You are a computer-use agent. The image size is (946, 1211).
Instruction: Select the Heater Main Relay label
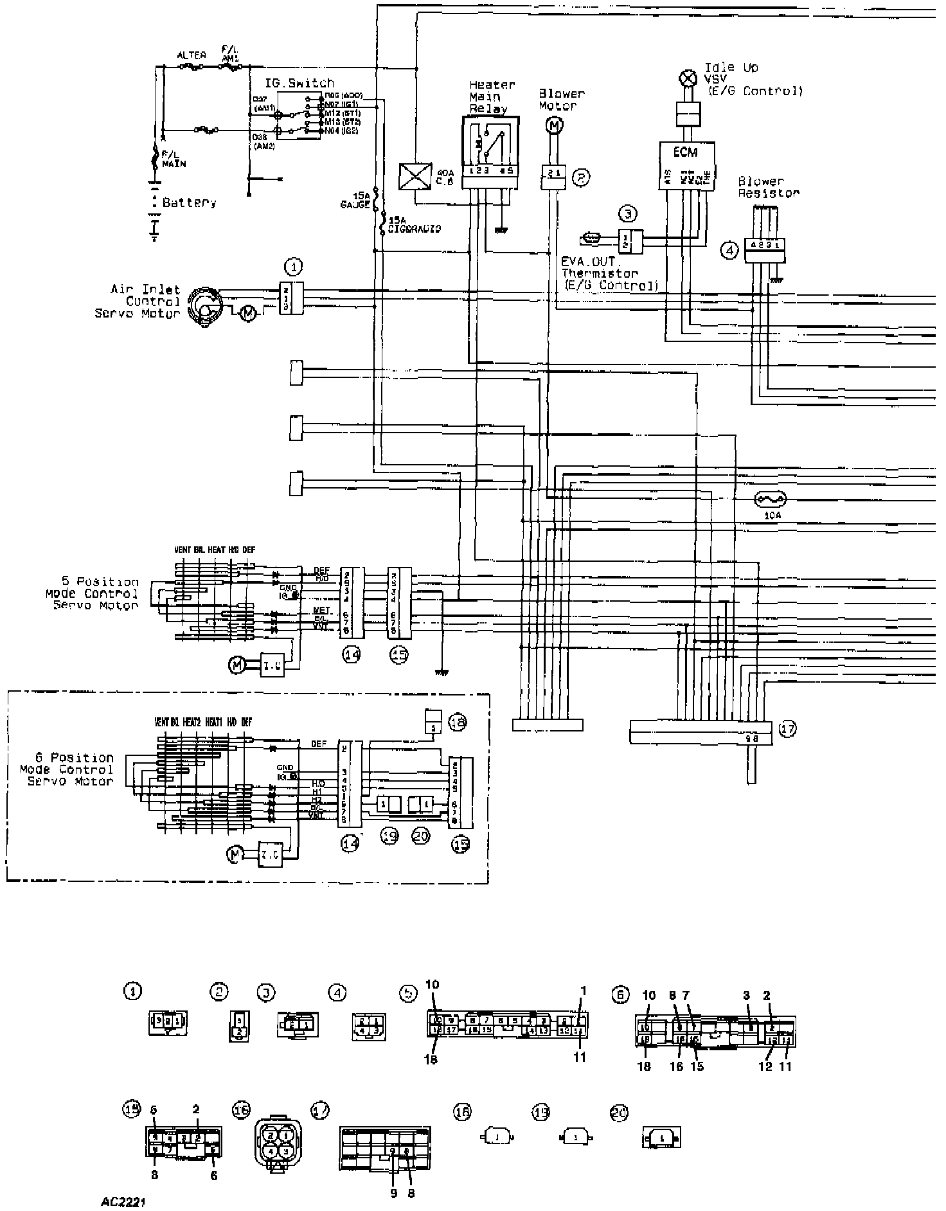click(492, 96)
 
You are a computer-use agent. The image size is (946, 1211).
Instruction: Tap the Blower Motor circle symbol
click(553, 126)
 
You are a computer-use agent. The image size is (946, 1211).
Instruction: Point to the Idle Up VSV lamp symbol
click(688, 79)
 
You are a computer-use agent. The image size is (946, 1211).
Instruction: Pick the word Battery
click(189, 203)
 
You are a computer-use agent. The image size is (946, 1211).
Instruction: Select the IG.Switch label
click(299, 84)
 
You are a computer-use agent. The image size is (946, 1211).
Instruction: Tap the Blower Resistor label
click(769, 187)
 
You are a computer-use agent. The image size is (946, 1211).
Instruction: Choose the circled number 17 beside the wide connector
click(788, 729)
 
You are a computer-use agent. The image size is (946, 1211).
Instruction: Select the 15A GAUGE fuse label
click(356, 201)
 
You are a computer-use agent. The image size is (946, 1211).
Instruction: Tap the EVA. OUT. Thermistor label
click(608, 274)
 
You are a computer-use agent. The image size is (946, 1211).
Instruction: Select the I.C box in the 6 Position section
click(270, 854)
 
